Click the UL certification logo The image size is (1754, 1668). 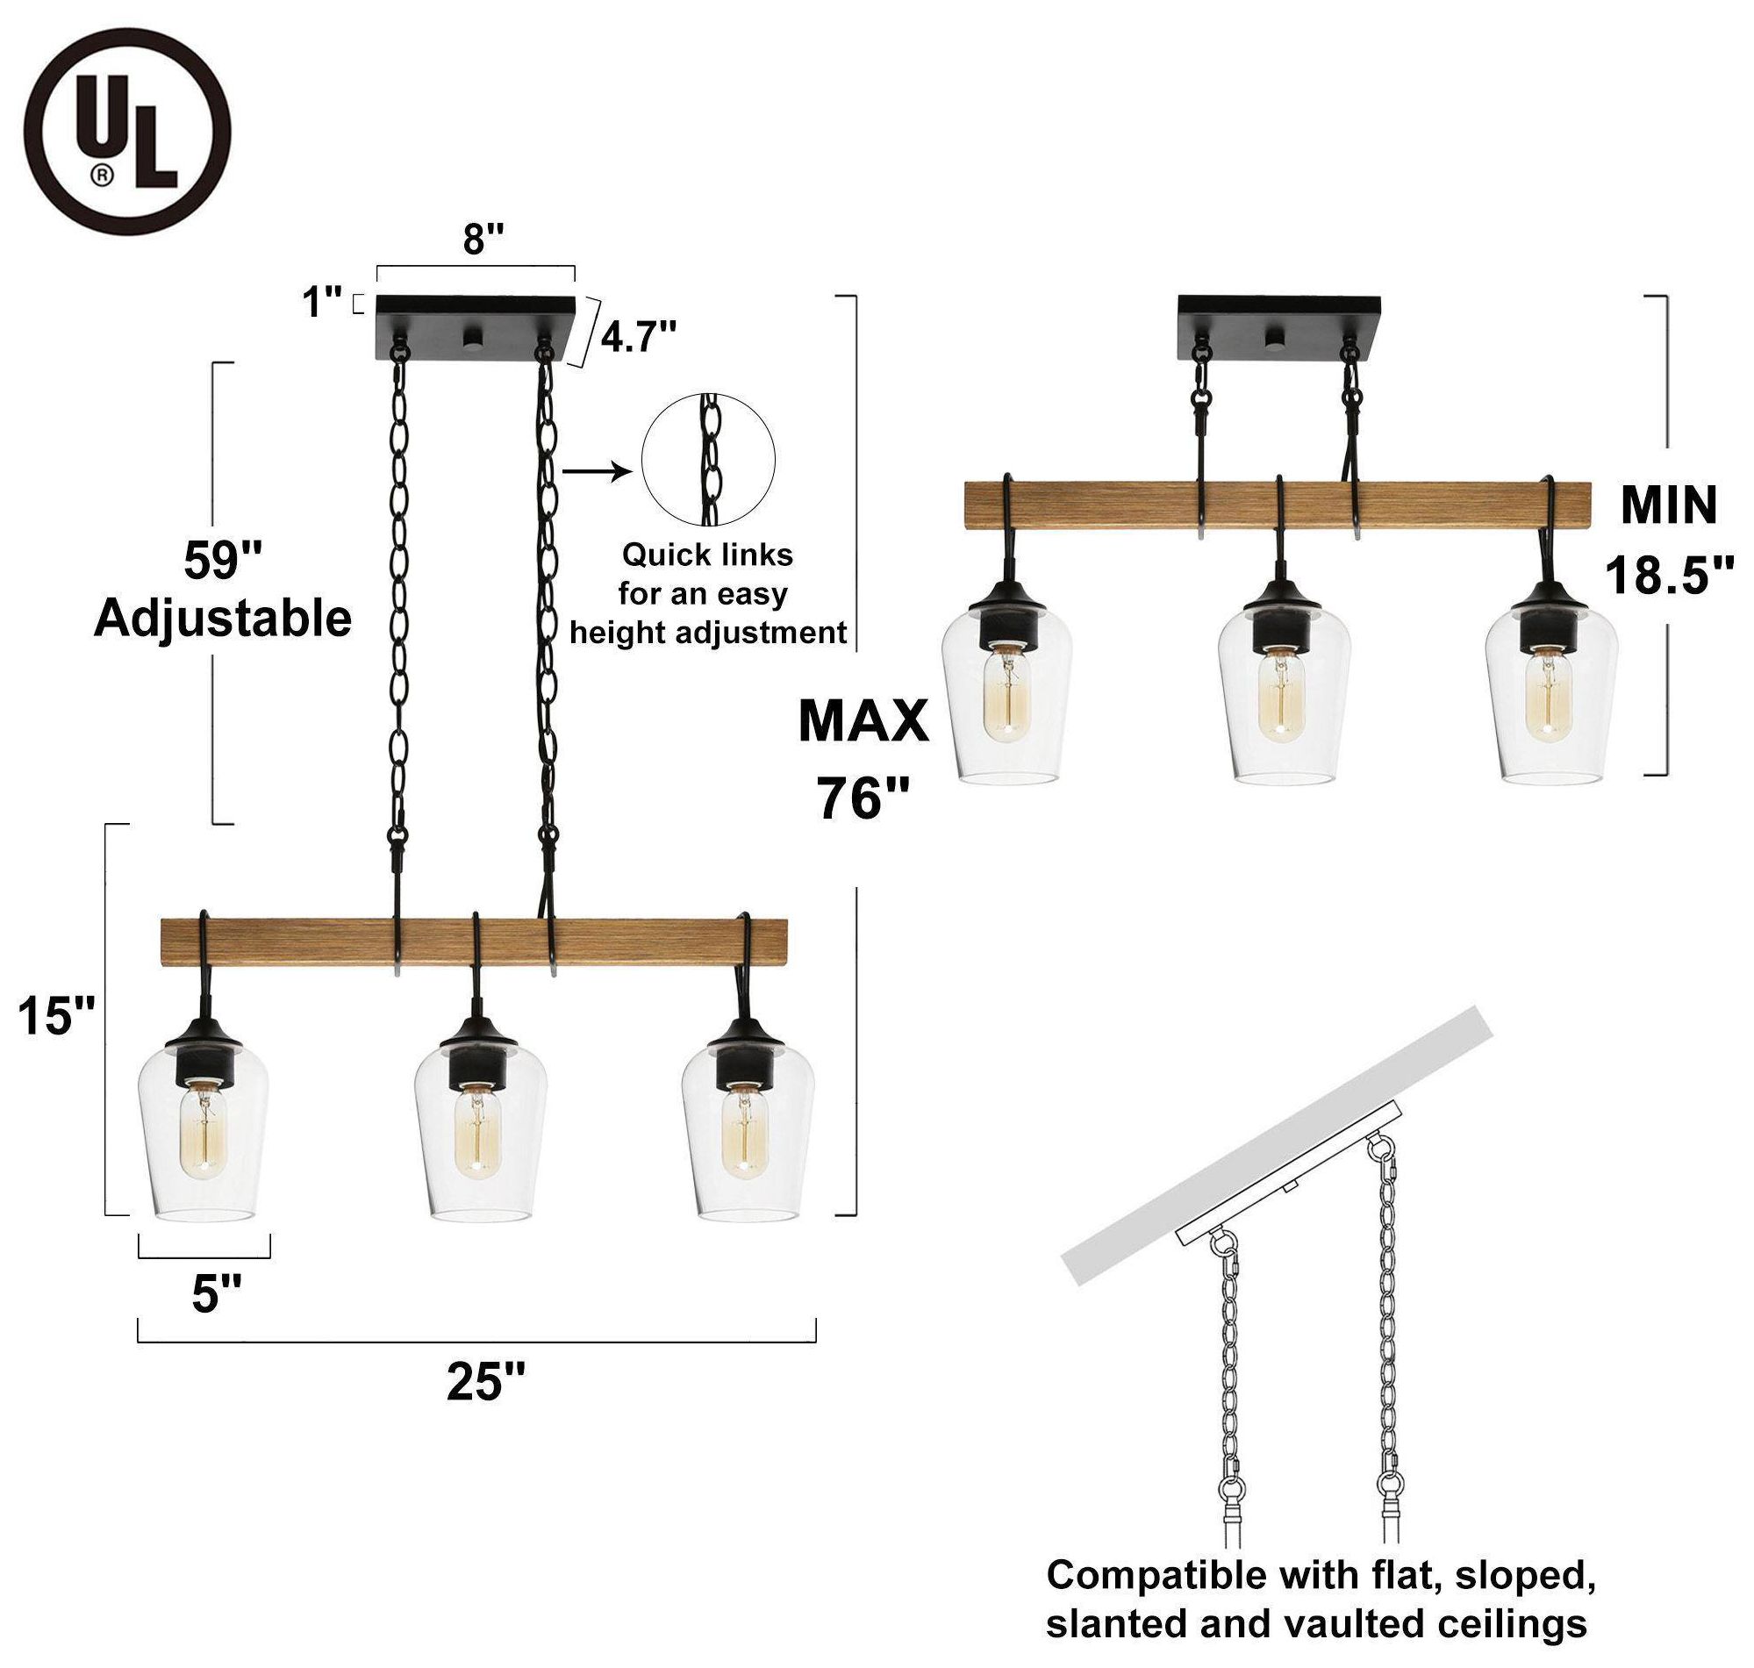point(127,132)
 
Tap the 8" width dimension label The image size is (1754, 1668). point(483,240)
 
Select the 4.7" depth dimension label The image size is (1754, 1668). point(638,337)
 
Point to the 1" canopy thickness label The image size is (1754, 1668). point(322,303)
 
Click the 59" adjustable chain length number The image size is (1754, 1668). point(222,560)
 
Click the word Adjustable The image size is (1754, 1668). point(222,619)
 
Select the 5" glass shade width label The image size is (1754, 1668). point(216,1293)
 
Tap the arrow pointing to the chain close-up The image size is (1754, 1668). point(596,471)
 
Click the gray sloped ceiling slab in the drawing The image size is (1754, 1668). point(1278,1147)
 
